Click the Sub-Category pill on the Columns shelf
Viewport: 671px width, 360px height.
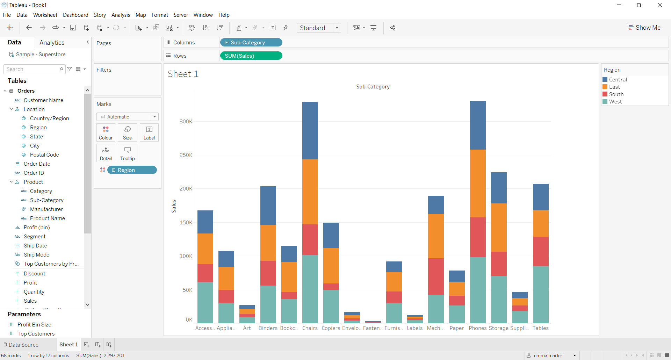[251, 42]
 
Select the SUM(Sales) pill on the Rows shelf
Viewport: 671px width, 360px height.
[251, 56]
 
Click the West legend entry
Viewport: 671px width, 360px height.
[615, 102]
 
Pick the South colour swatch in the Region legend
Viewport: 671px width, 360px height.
[605, 94]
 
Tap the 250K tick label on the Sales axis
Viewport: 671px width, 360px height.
[186, 155]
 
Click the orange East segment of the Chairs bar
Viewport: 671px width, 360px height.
[310, 192]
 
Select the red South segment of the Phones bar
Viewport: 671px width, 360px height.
[478, 237]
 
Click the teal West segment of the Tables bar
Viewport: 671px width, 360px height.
[541, 294]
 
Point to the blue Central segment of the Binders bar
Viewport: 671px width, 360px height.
[268, 205]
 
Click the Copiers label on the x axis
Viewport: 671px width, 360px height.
[331, 328]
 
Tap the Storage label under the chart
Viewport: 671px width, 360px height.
[498, 328]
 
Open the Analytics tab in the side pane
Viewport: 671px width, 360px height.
[52, 43]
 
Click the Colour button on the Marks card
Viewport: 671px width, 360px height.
[106, 132]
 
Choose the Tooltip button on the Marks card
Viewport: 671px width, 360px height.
[127, 153]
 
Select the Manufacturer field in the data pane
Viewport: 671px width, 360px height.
[46, 209]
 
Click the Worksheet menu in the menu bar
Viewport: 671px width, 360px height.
[45, 15]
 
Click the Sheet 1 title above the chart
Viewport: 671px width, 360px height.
[183, 74]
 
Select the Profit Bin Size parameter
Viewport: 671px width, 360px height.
[34, 325]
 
